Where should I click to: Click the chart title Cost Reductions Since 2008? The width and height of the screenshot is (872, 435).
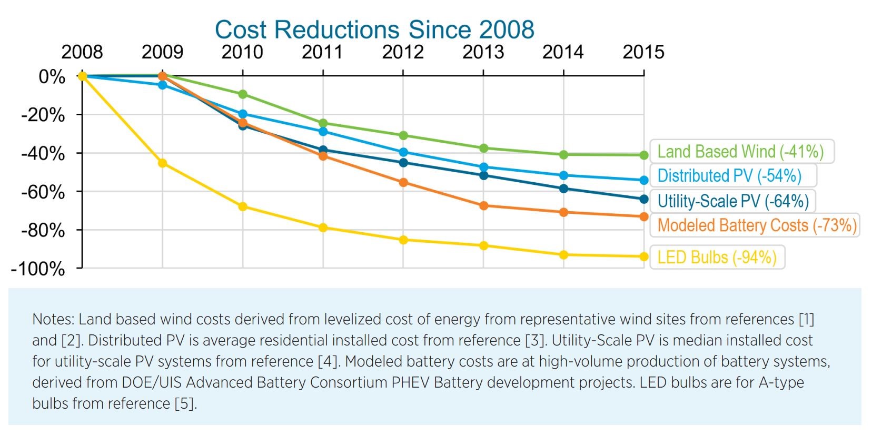[374, 29]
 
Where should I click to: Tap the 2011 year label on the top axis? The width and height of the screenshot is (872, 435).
[322, 52]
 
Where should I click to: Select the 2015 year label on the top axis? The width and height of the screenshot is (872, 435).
[643, 52]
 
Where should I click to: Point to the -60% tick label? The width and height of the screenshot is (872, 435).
[43, 192]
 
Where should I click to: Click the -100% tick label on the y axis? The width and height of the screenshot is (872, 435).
[38, 269]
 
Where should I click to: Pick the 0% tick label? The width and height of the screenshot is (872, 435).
[52, 77]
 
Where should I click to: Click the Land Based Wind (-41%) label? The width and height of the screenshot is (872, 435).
[740, 152]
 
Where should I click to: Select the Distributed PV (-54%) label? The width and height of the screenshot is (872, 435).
[729, 176]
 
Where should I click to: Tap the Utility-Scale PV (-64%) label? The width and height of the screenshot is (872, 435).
[733, 201]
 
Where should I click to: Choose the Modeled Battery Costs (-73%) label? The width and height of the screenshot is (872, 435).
[757, 225]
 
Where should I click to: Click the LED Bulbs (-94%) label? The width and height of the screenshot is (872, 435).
[717, 258]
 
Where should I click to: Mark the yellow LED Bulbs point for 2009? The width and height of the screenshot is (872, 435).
[163, 163]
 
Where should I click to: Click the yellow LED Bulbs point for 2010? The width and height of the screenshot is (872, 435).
[243, 207]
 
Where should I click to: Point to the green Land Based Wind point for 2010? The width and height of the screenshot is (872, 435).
[243, 94]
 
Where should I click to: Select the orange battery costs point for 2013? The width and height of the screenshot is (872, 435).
[483, 206]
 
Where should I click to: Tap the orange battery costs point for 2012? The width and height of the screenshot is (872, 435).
[403, 183]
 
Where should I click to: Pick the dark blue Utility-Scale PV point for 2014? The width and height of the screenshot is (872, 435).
[563, 189]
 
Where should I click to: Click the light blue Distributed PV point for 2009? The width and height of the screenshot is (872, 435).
[163, 85]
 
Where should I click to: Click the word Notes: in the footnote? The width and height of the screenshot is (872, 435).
[53, 319]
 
